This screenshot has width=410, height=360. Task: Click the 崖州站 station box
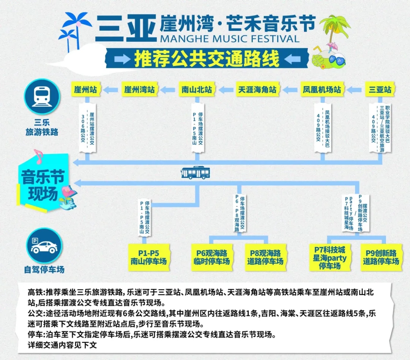pos(85,90)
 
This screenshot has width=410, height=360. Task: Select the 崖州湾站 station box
pos(139,90)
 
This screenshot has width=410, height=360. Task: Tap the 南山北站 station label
pos(197,90)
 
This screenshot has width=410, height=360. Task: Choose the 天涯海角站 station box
pos(257,90)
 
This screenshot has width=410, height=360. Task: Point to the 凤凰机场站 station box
pos(322,90)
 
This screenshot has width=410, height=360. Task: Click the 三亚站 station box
pos(380,90)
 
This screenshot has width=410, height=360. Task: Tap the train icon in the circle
pos(42,96)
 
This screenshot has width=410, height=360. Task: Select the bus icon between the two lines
pos(196,173)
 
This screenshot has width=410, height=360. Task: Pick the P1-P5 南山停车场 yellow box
pos(148,257)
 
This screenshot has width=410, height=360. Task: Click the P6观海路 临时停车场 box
pos(212,257)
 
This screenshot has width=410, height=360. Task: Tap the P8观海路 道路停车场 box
pos(265,257)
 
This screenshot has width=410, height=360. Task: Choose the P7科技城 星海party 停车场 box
pos(330,257)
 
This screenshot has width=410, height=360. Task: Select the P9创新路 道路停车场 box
pos(381,257)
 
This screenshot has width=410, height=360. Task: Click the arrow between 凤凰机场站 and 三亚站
pos(354,90)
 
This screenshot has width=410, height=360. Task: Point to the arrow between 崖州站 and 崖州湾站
pos(110,90)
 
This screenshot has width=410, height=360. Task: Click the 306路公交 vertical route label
pos(83,128)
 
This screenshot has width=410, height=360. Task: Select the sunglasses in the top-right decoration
pos(337,60)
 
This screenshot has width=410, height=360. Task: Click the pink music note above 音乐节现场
pos(38,156)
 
